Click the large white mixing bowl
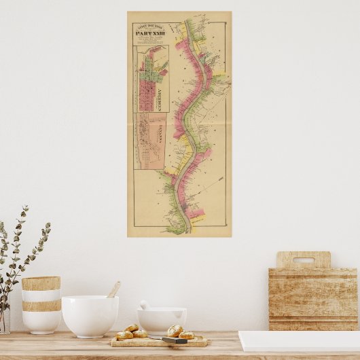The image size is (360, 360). point(90,316)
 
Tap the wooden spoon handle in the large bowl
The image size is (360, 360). point(113,290)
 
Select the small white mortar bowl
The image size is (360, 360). point(162,320)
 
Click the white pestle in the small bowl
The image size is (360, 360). point(145,305)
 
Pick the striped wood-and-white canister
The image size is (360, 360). point(41,304)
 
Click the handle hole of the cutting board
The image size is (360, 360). point(304,259)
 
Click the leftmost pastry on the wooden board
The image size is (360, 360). point(124,335)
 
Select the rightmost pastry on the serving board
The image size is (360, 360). point(186,335)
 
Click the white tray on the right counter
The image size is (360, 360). point(299,341)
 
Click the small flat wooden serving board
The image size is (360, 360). point(156,342)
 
